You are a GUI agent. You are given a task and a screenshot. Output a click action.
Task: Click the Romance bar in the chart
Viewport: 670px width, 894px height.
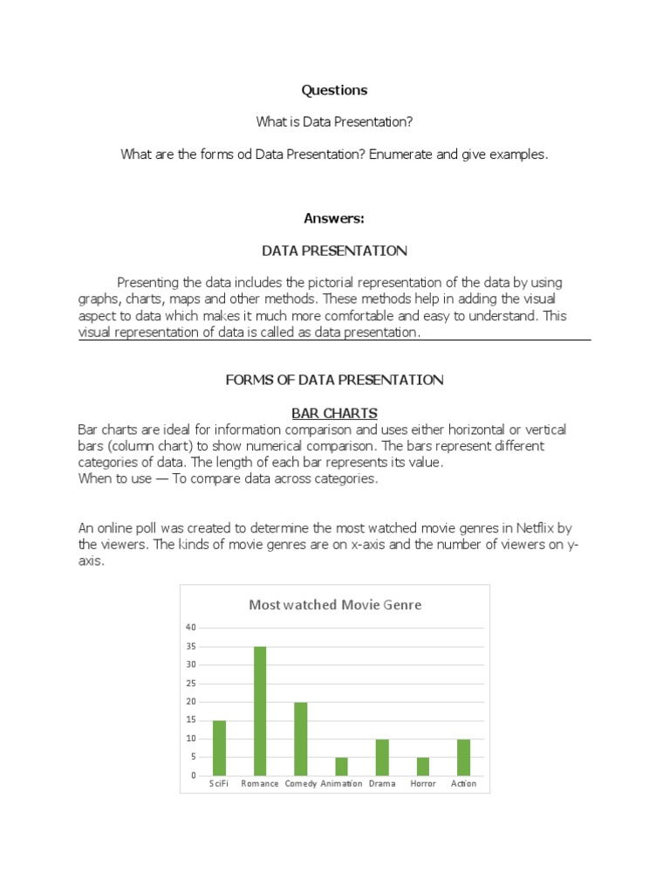pos(259,711)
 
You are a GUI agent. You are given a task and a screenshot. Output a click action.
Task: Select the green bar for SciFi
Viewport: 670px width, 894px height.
pos(219,747)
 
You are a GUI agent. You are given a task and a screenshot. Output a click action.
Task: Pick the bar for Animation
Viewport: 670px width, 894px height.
pos(341,767)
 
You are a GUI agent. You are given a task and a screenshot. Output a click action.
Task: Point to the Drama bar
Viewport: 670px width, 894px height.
pos(382,757)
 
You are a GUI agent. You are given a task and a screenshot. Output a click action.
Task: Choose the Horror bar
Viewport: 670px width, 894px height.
pos(422,767)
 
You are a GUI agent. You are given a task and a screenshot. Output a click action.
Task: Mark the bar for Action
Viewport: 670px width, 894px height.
pos(463,757)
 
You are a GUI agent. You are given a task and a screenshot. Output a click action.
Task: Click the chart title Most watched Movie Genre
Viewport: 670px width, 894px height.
pos(335,604)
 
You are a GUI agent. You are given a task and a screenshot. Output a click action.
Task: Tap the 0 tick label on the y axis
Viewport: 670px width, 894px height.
pos(194,776)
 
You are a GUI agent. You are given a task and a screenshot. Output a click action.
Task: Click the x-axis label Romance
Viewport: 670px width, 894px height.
pos(259,784)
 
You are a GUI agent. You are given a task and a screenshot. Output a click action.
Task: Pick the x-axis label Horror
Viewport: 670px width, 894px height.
pos(422,784)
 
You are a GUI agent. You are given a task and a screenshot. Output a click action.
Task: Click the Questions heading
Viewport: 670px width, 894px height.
pos(334,90)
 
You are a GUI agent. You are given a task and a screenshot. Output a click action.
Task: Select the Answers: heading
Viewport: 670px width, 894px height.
pos(334,218)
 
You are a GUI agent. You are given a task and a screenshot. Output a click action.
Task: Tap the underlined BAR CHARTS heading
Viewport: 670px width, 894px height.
pos(334,413)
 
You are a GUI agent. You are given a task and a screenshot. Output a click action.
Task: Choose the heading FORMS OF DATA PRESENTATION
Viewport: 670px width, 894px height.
pos(334,380)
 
